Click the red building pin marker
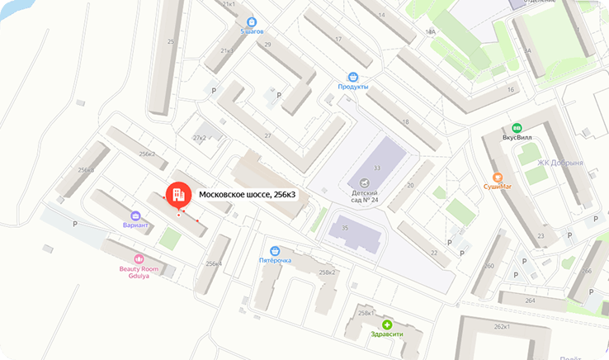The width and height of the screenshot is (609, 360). tap(176, 195)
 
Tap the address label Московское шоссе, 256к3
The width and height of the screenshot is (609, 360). tap(247, 195)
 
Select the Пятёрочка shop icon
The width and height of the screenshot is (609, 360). tap(275, 250)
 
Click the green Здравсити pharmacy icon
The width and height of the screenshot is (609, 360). tap(387, 324)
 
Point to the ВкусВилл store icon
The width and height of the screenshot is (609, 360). tap(517, 128)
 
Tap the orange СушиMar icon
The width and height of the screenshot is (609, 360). tap(498, 177)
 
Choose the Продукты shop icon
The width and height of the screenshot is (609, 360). tap(352, 76)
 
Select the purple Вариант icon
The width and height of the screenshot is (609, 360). tap(135, 215)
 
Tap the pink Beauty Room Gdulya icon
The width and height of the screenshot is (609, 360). tap(139, 259)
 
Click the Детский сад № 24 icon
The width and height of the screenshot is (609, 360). tap(364, 182)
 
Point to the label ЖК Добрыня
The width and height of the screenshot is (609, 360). tap(560, 163)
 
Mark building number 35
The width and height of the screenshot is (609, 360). tap(345, 227)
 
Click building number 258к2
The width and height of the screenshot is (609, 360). tap(328, 272)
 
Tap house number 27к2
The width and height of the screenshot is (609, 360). tap(199, 137)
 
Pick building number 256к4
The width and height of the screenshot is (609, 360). tap(214, 263)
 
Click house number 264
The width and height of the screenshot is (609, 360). tap(530, 301)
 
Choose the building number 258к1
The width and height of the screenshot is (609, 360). tap(366, 314)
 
